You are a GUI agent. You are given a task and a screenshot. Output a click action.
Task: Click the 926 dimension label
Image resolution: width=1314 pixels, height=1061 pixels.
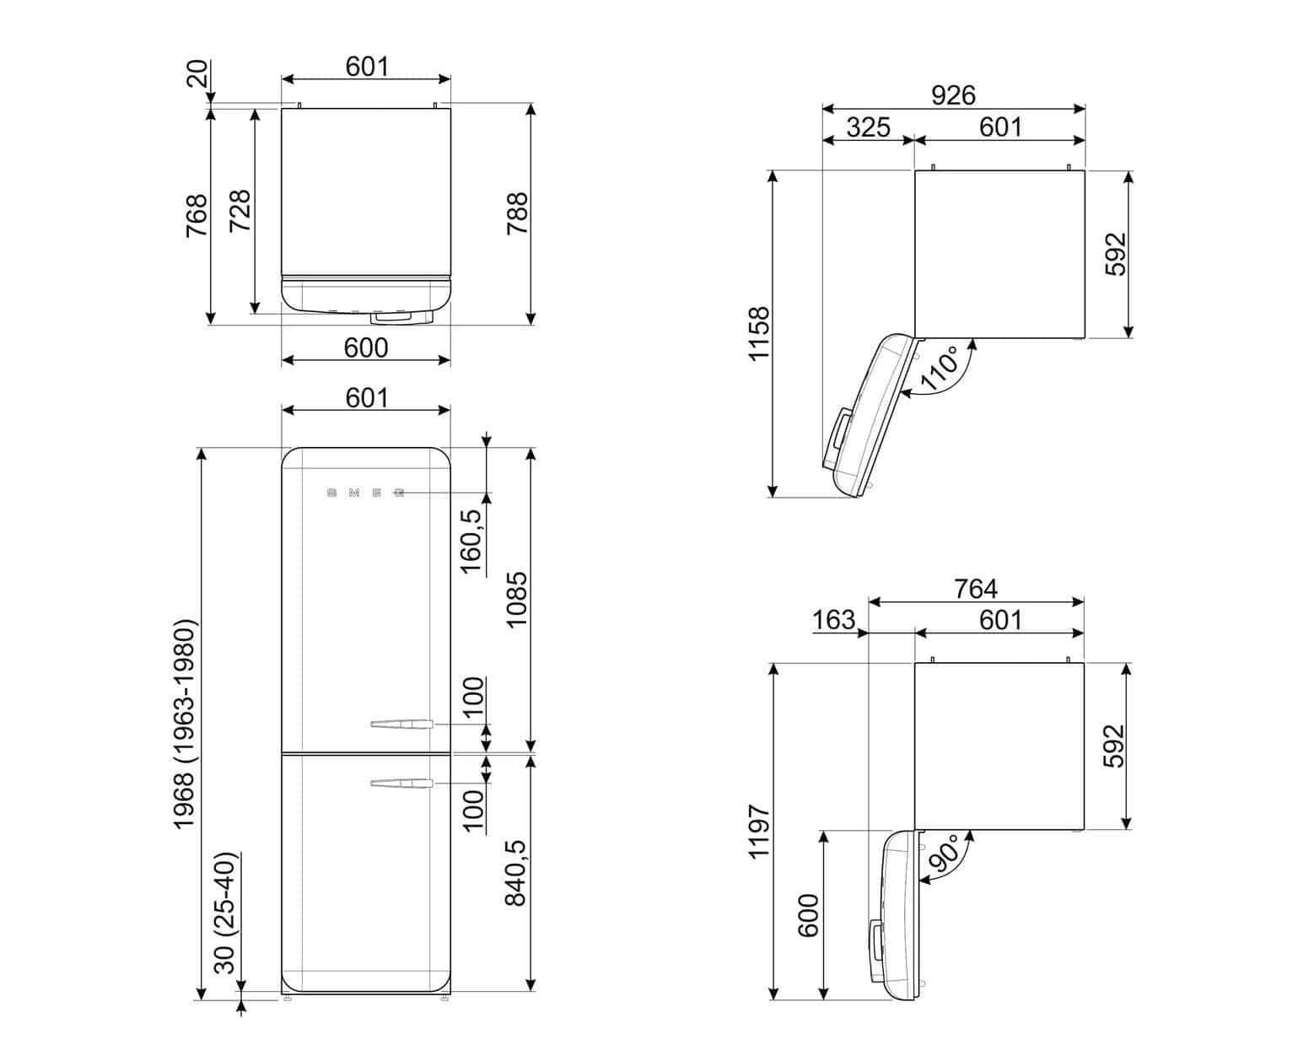click(953, 95)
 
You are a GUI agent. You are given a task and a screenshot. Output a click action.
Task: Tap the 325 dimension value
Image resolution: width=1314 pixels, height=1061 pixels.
click(868, 127)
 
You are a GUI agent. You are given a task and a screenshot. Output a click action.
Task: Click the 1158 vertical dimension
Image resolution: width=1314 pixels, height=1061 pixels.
click(759, 334)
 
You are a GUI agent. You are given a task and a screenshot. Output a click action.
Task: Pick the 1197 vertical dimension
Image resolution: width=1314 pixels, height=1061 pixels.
click(759, 832)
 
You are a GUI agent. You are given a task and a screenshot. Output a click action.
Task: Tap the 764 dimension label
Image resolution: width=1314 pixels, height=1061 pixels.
click(975, 589)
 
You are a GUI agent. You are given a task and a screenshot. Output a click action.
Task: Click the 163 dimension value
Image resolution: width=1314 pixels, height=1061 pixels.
click(834, 620)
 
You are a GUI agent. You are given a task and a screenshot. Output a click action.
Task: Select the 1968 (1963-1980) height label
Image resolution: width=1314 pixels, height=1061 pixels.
click(184, 724)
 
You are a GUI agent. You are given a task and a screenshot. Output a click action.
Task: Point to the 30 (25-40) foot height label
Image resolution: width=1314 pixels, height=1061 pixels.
click(225, 913)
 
